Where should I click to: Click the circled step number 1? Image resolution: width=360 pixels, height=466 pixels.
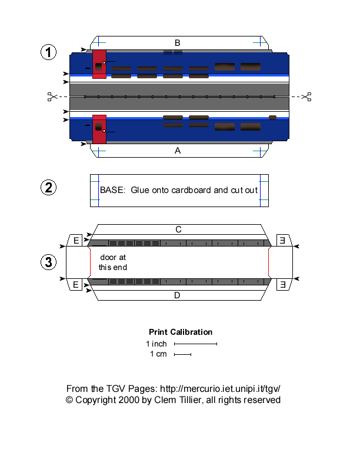coord(48,52)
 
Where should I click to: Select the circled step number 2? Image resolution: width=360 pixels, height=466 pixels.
coord(48,188)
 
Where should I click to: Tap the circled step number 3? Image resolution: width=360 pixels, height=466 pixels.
coord(48,262)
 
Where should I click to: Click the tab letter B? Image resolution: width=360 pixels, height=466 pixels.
coord(177,42)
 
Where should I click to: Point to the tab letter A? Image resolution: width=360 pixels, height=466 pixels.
coord(177,151)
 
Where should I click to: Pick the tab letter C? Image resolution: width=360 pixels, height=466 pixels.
coord(177,229)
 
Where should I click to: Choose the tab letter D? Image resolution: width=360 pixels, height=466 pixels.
coord(177,295)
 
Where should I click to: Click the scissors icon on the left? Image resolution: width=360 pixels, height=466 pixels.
coord(52,96)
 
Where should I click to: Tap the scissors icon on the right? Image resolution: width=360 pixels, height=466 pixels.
coord(306,96)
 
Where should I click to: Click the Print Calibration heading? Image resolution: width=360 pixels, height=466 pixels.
coord(181,332)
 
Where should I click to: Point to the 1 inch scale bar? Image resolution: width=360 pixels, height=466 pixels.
coord(195,344)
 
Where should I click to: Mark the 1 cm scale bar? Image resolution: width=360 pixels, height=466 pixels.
coord(182,354)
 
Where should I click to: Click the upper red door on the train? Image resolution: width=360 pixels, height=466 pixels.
coord(99,64)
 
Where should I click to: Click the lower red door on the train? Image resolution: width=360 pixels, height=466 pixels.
coord(99,128)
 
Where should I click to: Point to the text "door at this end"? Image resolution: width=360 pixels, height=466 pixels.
coord(112,262)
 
